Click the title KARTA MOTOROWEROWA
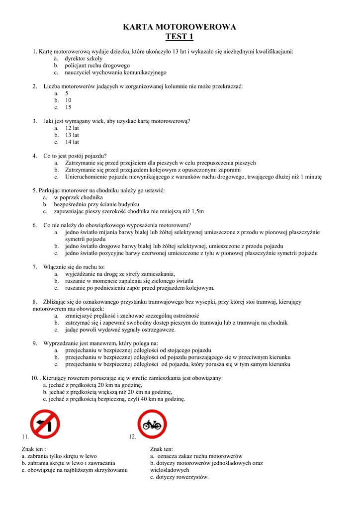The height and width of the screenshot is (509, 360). pos(180,27)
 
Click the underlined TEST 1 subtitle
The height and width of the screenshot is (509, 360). pos(180,37)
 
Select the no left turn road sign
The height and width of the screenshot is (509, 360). pos(45,424)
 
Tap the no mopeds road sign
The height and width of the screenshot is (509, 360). pos(152,424)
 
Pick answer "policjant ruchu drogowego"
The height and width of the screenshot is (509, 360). pos(97,65)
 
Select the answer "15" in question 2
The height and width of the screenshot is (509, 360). pos(68,107)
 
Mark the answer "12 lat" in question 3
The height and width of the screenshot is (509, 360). pos(72,128)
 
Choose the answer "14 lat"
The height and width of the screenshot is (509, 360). pos(72,142)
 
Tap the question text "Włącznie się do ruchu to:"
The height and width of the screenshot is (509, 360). pos(74,267)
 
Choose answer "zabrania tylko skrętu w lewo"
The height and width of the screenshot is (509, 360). pos(62,456)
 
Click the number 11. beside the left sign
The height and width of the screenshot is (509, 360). pos(25,436)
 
